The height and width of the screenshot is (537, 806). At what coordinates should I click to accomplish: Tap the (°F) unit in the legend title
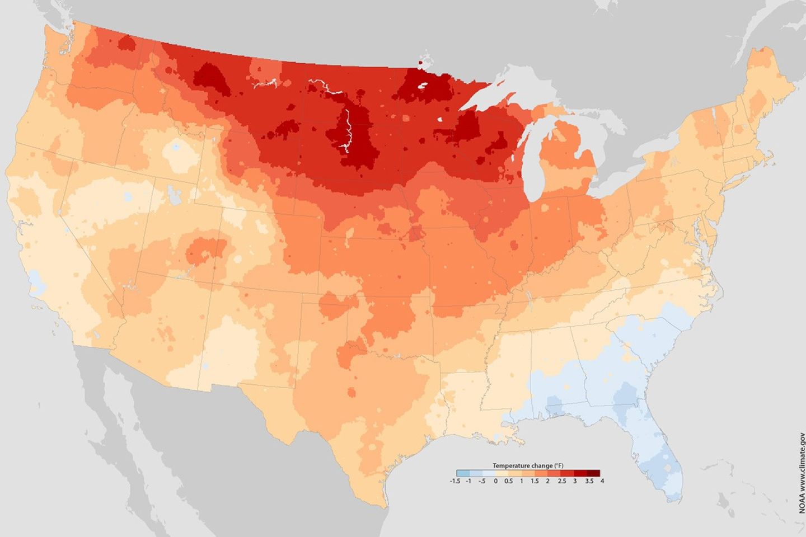[x=558, y=465]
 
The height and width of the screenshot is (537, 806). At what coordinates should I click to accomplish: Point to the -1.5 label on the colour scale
[x=455, y=481]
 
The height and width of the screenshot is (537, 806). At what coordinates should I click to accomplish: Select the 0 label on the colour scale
[x=495, y=481]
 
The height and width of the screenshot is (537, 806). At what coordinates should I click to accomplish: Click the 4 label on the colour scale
[x=602, y=481]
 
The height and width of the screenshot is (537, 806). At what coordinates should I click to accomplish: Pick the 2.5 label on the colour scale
[x=561, y=481]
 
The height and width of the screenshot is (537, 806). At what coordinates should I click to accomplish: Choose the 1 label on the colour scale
[x=522, y=481]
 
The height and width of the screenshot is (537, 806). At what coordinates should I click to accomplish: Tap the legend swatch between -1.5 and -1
[x=462, y=473]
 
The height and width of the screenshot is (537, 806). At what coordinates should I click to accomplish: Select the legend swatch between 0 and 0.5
[x=502, y=473]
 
